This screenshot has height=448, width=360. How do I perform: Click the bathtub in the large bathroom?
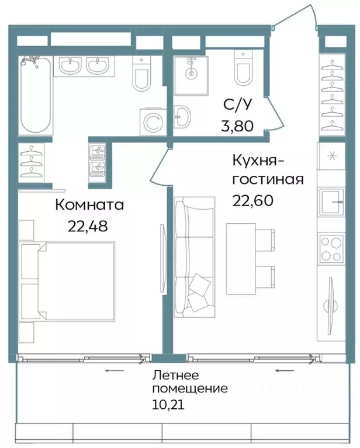(36, 95)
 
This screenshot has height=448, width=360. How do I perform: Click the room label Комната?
(90, 205)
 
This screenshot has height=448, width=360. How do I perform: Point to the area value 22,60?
(253, 200)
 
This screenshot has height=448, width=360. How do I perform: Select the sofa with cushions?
(195, 256)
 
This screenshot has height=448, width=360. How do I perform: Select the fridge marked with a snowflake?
(331, 155)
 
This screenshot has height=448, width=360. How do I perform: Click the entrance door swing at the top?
(295, 18)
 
